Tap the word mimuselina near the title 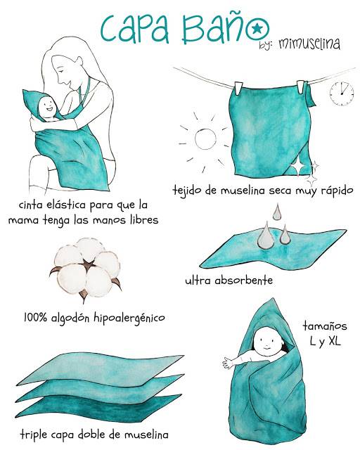[x=309, y=44]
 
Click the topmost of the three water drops [x=276, y=212]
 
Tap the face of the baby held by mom [x=48, y=108]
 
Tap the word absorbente [x=245, y=281]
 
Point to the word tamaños [x=324, y=326]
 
